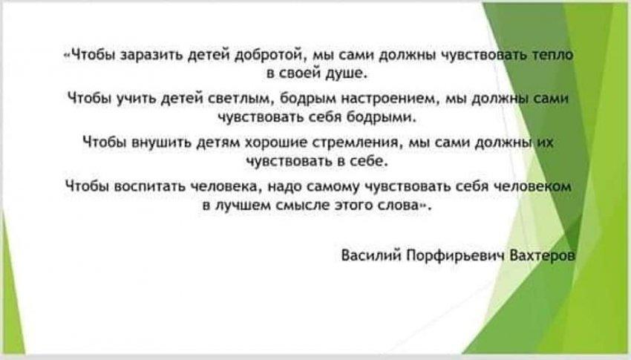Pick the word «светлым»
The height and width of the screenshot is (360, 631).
(x=241, y=99)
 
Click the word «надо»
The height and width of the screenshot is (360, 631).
(x=285, y=186)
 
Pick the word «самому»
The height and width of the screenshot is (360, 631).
(x=333, y=186)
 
